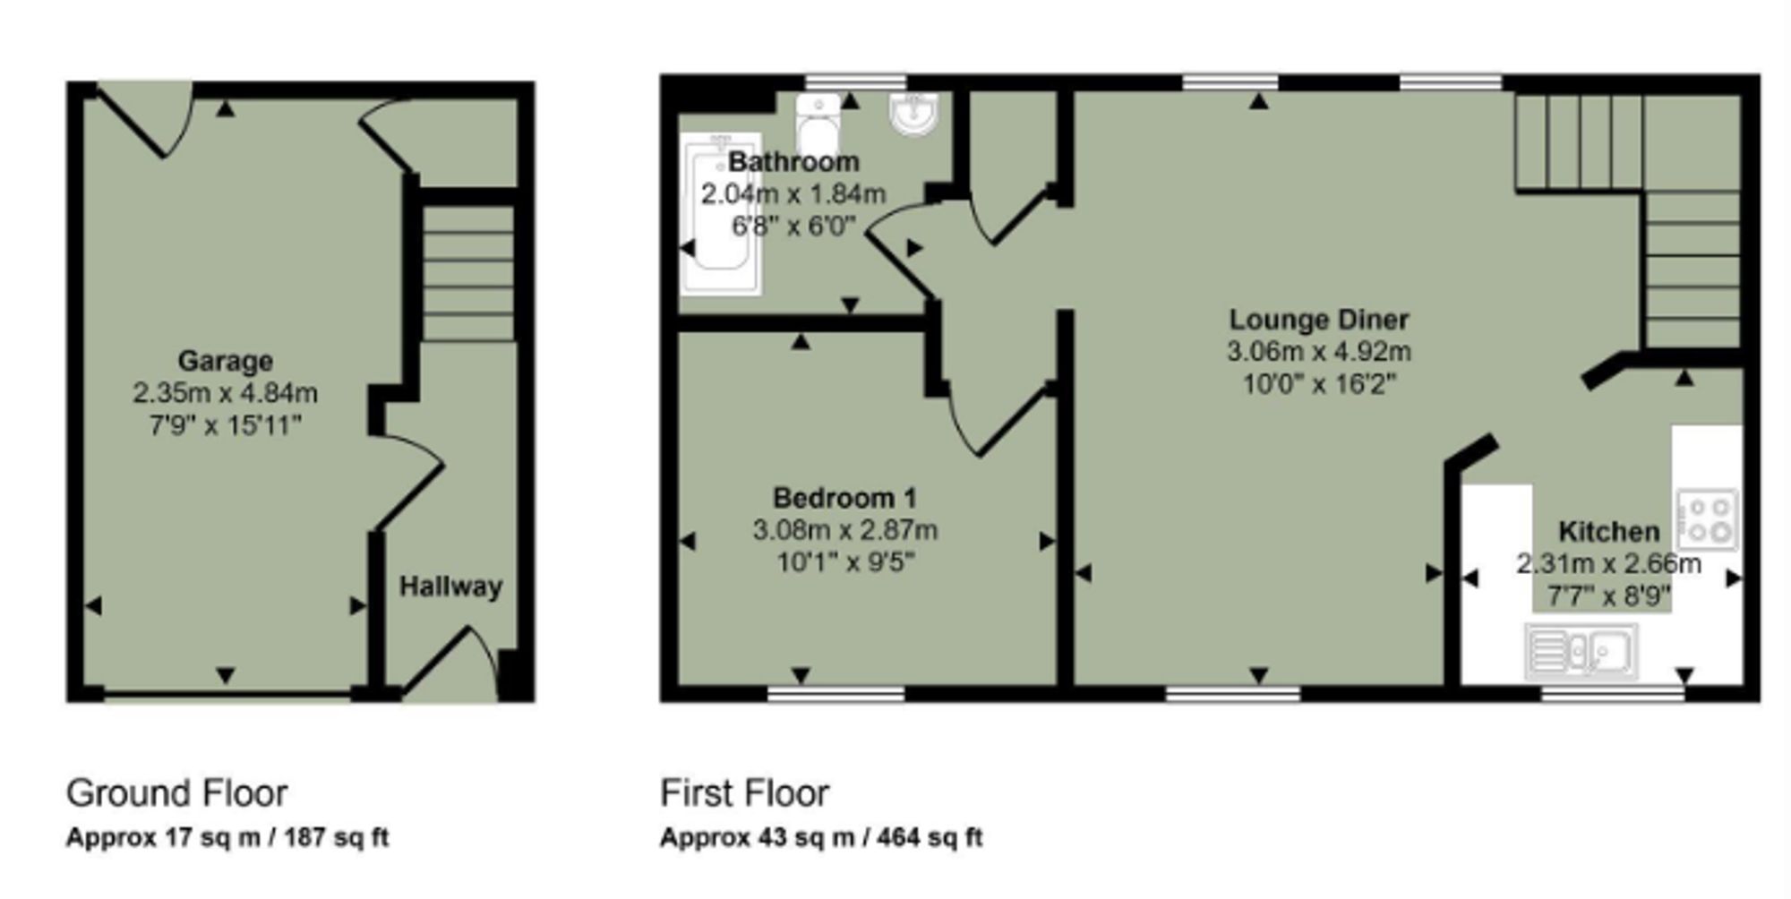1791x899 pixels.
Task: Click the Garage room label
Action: tap(225, 361)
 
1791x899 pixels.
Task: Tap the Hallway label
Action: tap(450, 586)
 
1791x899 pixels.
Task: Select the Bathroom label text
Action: tap(793, 161)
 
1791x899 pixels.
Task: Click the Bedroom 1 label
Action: tap(844, 497)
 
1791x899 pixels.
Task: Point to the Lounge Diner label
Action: tap(1319, 319)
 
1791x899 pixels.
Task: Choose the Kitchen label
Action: tap(1609, 531)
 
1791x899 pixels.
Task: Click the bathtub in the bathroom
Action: tap(721, 213)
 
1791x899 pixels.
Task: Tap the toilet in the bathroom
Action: tap(818, 124)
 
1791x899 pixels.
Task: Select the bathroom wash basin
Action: tap(914, 115)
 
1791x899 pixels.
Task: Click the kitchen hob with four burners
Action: tap(1708, 519)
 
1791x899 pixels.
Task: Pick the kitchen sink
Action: tap(1581, 650)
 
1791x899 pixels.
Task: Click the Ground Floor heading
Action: tap(177, 793)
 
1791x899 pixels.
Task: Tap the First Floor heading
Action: tap(745, 793)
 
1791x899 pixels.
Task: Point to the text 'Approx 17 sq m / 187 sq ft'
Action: tap(227, 837)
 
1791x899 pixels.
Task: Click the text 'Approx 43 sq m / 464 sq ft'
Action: tap(821, 837)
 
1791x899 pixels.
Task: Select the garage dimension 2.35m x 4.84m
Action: tap(225, 392)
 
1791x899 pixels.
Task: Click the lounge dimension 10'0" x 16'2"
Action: tap(1319, 384)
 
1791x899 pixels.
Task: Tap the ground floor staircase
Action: tap(468, 273)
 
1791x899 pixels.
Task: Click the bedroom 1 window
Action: tap(836, 694)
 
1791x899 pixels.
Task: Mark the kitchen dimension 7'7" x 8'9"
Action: tap(1609, 595)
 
